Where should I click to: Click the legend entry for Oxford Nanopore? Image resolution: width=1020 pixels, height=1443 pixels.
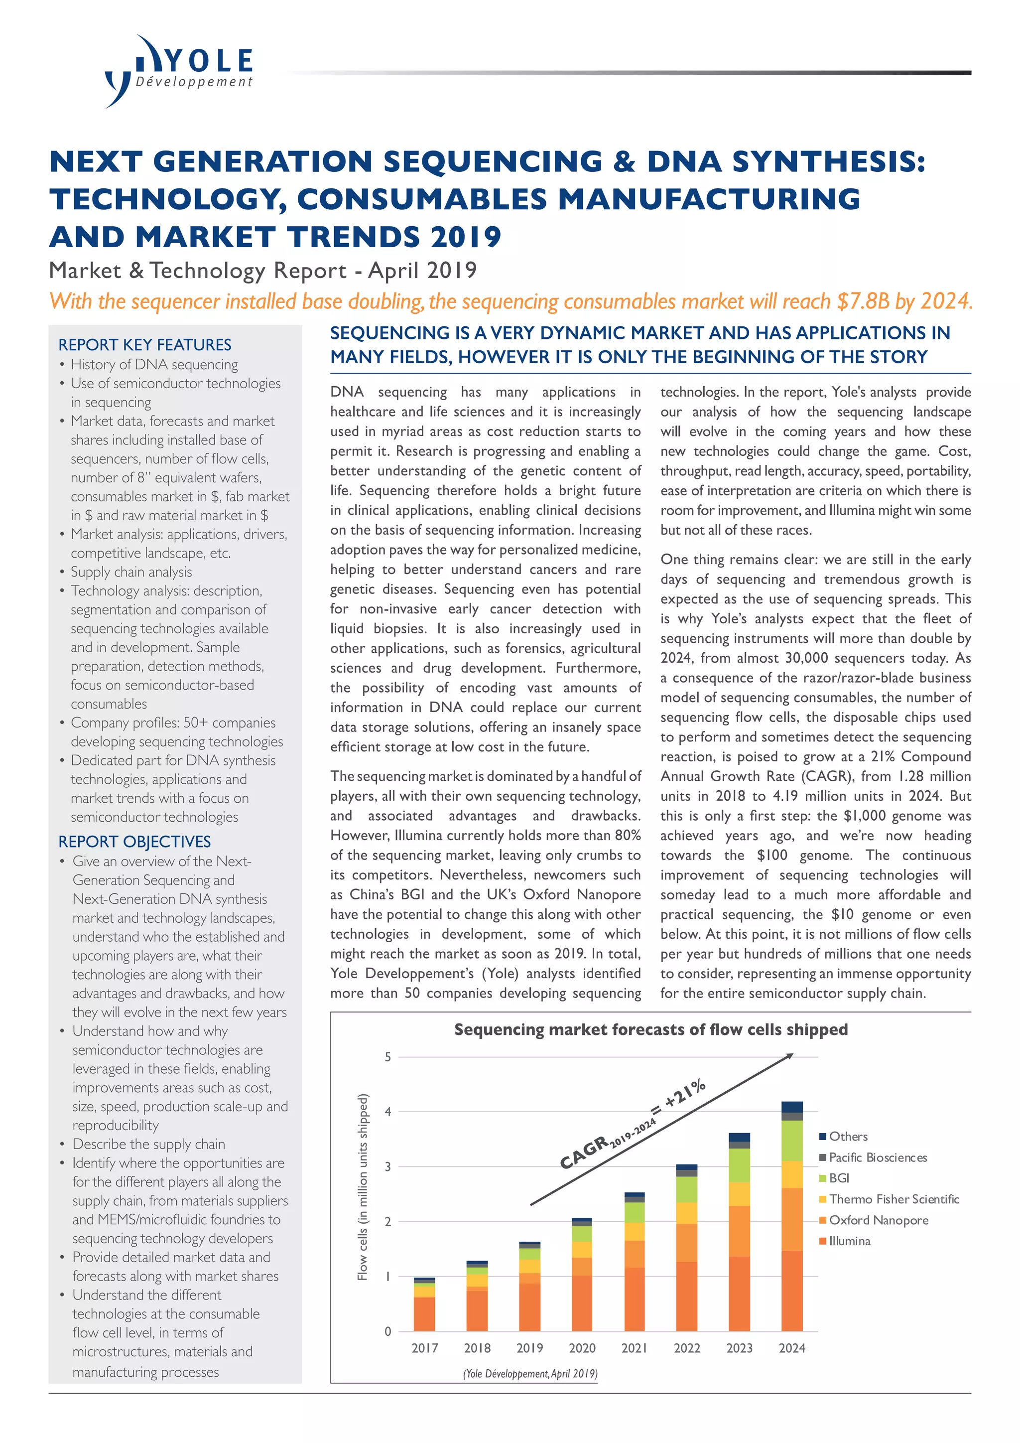tap(878, 1220)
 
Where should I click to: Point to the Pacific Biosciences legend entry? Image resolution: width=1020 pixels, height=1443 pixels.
tap(878, 1157)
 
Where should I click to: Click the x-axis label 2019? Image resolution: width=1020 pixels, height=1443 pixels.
tap(529, 1348)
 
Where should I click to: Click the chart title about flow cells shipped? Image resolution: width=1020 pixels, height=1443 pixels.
tap(650, 1029)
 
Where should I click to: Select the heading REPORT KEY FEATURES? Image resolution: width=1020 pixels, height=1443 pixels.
tap(144, 344)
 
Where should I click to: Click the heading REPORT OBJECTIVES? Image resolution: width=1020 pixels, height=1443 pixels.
tap(134, 842)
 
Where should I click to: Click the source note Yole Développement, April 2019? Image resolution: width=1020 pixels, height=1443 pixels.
tap(530, 1374)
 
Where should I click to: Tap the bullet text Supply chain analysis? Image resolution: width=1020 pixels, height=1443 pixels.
tap(131, 572)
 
